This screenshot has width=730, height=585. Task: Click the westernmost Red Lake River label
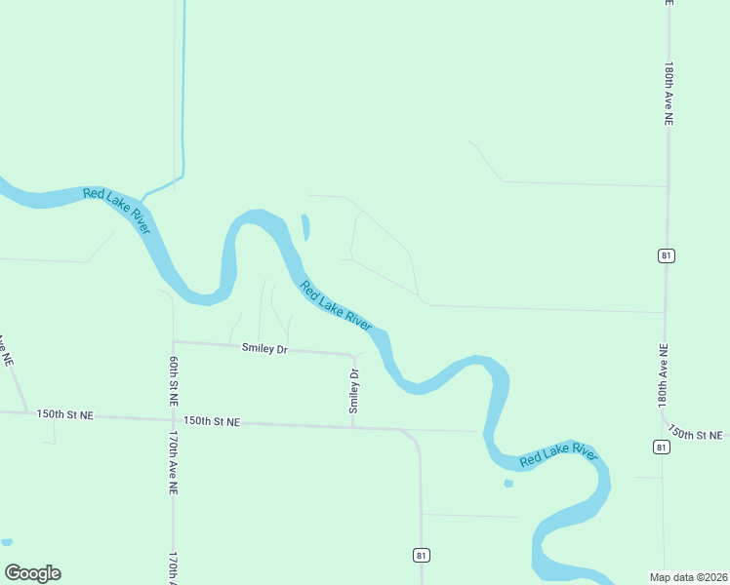(116, 210)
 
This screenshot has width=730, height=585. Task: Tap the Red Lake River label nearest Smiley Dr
(336, 305)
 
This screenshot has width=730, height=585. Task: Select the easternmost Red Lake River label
(558, 455)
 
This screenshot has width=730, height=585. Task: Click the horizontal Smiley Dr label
(265, 348)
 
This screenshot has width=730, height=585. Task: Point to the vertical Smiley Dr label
(354, 390)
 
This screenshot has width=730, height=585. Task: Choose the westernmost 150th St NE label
(65, 414)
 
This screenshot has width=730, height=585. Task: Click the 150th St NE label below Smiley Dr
(212, 421)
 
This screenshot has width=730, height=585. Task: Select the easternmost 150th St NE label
(699, 433)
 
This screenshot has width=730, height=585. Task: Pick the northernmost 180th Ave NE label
(669, 95)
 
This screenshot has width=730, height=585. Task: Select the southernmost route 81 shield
(421, 555)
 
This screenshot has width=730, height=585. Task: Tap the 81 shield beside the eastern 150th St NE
(663, 447)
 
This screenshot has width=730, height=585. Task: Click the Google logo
(32, 573)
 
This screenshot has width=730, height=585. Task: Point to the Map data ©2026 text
(689, 577)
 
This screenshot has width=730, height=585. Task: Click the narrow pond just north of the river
(305, 227)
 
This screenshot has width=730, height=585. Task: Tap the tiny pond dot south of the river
(507, 483)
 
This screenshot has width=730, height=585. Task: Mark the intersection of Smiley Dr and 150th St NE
(353, 426)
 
